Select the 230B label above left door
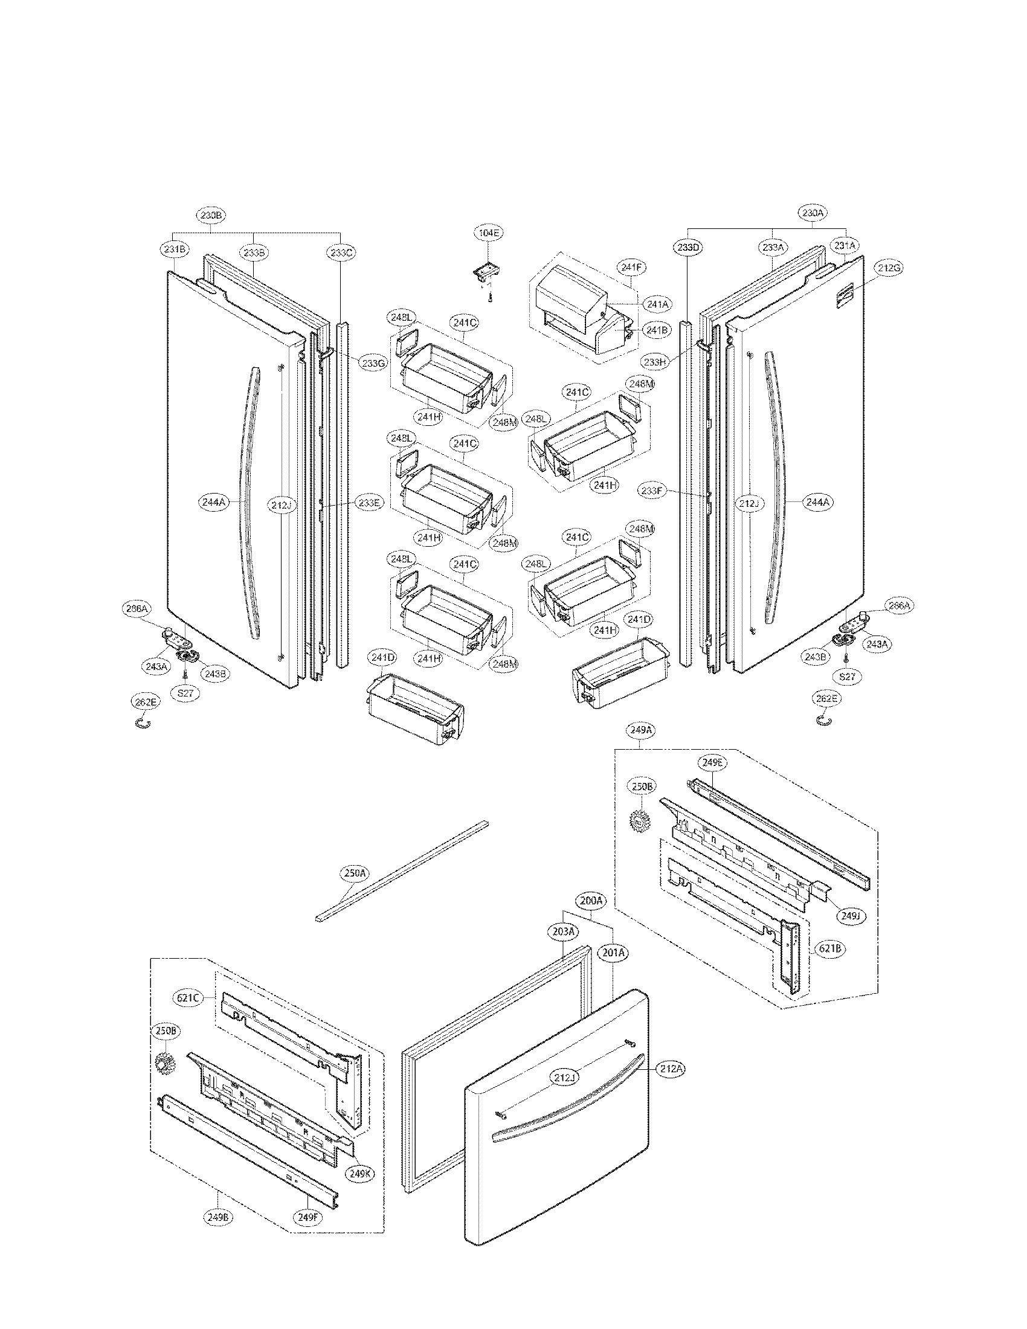point(211,215)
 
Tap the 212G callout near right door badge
point(889,266)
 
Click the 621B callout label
point(829,948)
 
